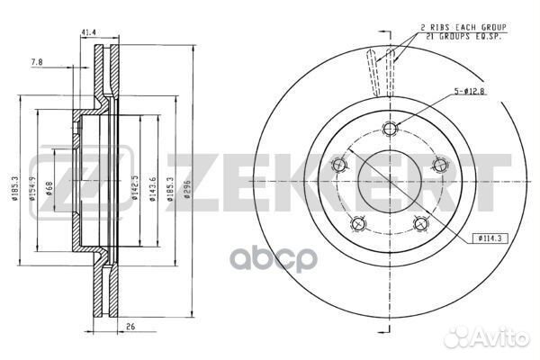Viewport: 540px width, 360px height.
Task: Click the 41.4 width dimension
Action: [x=89, y=33]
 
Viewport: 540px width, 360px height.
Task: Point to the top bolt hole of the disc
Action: [x=389, y=126]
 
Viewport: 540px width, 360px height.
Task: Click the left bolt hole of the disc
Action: [x=339, y=164]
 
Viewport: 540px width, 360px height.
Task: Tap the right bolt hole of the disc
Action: [x=440, y=164]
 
